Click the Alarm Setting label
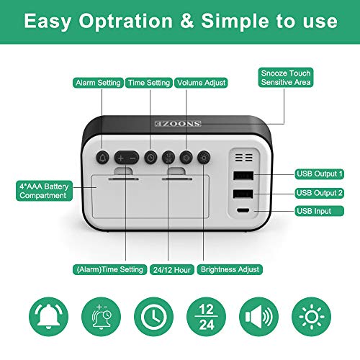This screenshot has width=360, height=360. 98,83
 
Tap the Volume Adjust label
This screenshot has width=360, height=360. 201,83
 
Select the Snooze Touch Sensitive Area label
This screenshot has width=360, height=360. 286,78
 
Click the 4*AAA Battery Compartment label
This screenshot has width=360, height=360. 44,191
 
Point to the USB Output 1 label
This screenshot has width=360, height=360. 320,174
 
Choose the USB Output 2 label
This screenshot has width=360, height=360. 320,193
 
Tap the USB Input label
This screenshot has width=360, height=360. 320,211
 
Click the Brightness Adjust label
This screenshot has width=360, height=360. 230,269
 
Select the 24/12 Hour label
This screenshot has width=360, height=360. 172,270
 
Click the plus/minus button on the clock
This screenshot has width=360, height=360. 127,158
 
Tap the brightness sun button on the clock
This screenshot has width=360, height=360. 204,158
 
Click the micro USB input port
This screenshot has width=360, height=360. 243,210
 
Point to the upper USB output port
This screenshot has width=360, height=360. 243,176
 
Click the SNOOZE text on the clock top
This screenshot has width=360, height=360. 178,124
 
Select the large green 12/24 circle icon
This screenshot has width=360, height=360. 207,317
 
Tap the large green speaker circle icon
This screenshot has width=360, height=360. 259,317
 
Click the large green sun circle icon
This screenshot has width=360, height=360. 312,317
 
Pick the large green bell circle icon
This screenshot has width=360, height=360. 48,317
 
